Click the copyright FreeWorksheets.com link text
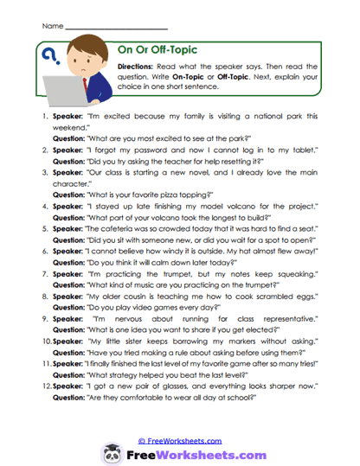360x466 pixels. pos(181,418)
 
